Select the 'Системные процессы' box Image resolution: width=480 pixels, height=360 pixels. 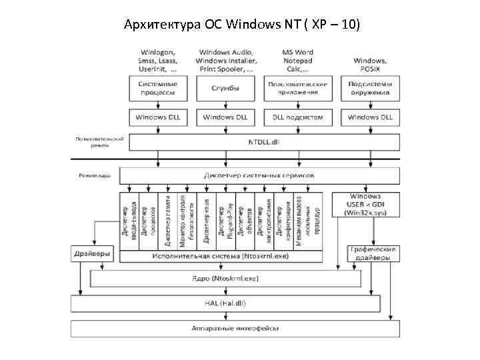click(x=157, y=88)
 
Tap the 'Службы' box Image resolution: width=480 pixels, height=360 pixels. click(x=225, y=88)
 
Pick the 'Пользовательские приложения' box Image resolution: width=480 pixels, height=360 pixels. click(x=298, y=88)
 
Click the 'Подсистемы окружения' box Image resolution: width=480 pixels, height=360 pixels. click(x=370, y=88)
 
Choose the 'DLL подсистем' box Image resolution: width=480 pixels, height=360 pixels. click(x=298, y=117)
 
